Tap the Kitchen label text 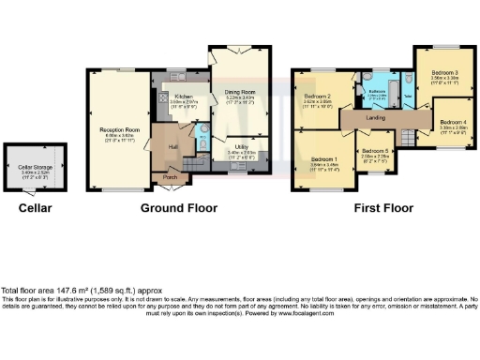click(x=183, y=96)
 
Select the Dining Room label click(x=240, y=90)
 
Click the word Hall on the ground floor click(x=173, y=146)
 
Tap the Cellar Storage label click(x=34, y=168)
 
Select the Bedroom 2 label click(x=318, y=97)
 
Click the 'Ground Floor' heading click(x=178, y=207)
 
